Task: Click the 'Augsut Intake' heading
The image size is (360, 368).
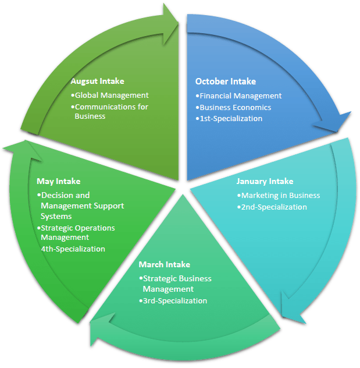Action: coord(97,82)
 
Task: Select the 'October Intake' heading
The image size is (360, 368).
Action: coord(225,82)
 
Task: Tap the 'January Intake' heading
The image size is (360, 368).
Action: coord(265,181)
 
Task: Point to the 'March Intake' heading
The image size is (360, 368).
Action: coord(164,265)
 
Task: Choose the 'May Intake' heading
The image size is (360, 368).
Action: coord(58,181)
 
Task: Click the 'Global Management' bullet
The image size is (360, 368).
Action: coord(110,95)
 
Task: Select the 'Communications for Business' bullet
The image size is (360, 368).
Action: coord(110,111)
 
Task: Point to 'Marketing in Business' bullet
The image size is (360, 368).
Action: coord(279,195)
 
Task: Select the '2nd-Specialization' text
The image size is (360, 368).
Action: coord(272,207)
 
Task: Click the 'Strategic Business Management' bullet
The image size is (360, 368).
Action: coord(175,284)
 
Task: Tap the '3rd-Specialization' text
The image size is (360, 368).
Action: coord(173,301)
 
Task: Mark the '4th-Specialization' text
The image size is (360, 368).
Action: coord(73,249)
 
